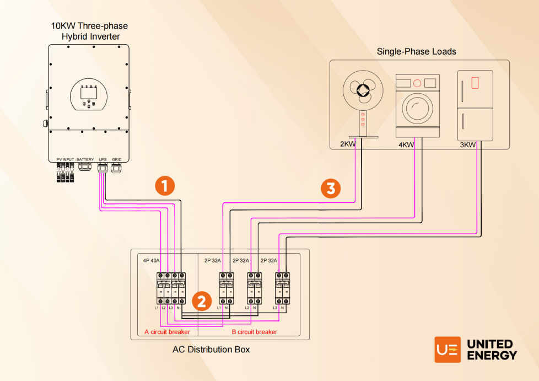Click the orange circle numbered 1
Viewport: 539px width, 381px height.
(x=165, y=186)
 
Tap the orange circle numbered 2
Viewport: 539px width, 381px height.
(x=201, y=301)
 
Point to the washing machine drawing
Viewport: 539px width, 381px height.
(x=418, y=105)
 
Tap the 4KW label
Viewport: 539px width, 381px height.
(x=406, y=145)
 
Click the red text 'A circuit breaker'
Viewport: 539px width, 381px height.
(x=167, y=332)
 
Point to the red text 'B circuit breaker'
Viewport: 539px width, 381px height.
(x=255, y=332)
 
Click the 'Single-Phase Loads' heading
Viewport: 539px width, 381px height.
(x=416, y=52)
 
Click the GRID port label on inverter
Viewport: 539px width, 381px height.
(x=116, y=159)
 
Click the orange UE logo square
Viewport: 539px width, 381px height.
(x=448, y=350)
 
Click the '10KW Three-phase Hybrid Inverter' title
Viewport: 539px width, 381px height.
(x=90, y=31)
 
